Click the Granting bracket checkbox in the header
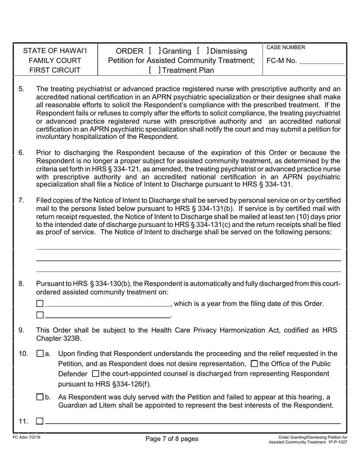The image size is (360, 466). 155,51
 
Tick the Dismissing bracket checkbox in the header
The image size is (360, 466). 203,51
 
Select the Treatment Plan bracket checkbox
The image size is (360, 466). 155,70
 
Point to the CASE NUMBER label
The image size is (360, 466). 285,47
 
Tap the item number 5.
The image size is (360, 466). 22,89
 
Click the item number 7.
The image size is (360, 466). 22,200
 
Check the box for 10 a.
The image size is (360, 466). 40,354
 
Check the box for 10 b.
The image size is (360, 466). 40,397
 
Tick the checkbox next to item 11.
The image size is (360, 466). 40,421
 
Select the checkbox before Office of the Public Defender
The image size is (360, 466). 255,364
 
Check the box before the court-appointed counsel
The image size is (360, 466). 96,374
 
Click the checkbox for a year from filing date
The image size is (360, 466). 40,303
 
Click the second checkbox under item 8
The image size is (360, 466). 40,315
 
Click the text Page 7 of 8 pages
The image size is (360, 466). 172,439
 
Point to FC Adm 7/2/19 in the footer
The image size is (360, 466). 23,437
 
